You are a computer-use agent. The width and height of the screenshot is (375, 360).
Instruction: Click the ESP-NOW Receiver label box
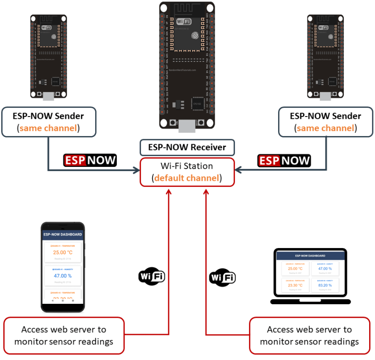(x=187, y=148)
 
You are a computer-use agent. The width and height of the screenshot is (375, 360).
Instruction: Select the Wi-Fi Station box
(x=187, y=172)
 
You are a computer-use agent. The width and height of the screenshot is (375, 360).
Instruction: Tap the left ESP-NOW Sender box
(x=48, y=122)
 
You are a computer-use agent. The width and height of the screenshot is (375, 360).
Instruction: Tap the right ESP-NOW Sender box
(x=326, y=122)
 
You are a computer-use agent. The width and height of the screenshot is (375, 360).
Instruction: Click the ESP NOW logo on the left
(x=90, y=160)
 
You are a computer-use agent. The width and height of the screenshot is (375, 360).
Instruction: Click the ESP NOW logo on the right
(x=284, y=160)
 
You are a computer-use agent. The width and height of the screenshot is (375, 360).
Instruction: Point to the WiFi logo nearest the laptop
(x=222, y=277)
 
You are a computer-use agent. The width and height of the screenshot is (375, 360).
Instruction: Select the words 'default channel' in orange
(x=187, y=178)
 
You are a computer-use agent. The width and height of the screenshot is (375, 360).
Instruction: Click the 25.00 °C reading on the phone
(x=62, y=253)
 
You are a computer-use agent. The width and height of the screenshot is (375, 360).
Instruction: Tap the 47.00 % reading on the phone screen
(x=62, y=276)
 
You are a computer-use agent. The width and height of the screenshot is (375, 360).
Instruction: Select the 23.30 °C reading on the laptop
(x=295, y=286)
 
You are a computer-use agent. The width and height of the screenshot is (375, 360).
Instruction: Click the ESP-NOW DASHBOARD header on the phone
(x=62, y=234)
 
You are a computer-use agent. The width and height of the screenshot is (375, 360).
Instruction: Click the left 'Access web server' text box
(x=64, y=336)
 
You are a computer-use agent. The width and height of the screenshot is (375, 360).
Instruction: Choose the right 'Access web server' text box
(x=309, y=336)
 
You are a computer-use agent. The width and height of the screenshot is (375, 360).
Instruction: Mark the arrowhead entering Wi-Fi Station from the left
(x=136, y=170)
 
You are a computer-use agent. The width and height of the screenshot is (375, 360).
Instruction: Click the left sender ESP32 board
(x=48, y=57)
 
